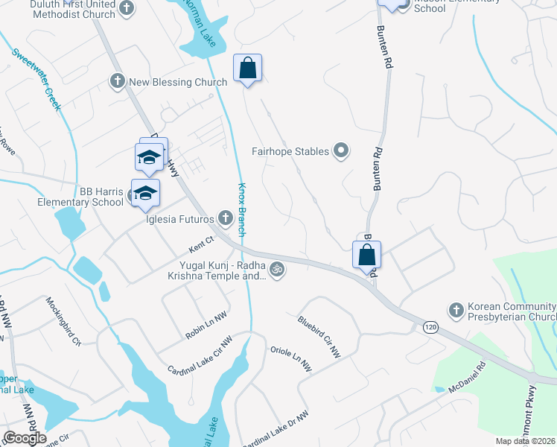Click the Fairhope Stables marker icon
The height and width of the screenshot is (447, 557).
tap(341, 151)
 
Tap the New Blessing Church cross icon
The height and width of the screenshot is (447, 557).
tap(118, 81)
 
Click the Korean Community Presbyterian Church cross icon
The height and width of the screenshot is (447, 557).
tap(456, 309)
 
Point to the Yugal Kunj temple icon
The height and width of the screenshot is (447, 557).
tap(277, 269)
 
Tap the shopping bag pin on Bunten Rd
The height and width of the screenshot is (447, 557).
tap(367, 256)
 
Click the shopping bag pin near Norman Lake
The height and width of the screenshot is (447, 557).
tap(248, 69)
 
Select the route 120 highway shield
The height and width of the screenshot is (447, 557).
tap(429, 326)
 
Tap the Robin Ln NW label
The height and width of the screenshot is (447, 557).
tap(206, 327)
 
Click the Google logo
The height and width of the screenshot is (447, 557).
tap(24, 438)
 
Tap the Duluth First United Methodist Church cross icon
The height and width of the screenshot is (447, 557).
tap(127, 8)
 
